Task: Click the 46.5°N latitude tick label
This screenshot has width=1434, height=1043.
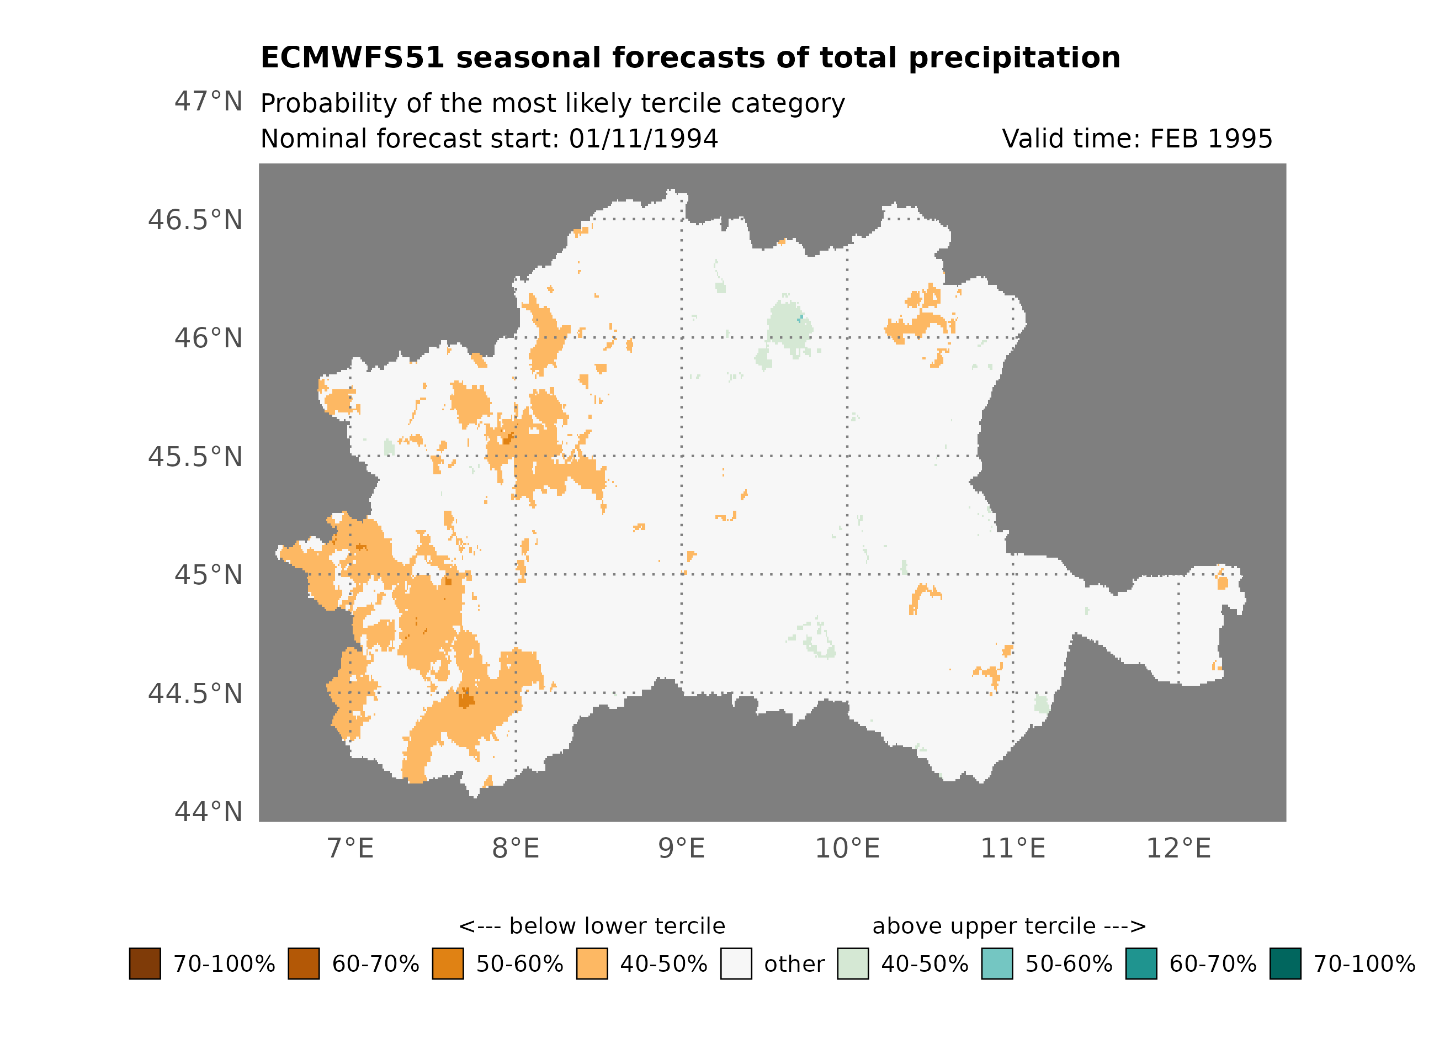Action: (195, 220)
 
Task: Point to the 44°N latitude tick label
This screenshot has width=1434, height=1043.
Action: (208, 812)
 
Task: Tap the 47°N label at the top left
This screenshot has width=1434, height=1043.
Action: (208, 101)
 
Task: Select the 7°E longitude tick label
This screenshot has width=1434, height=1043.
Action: (350, 848)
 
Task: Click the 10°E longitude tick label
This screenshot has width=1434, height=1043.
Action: (847, 848)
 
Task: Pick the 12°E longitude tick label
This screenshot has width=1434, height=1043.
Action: (1178, 848)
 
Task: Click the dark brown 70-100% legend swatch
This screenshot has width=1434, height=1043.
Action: (145, 963)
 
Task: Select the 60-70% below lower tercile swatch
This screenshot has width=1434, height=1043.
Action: (304, 963)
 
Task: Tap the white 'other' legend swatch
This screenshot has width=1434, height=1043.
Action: (736, 963)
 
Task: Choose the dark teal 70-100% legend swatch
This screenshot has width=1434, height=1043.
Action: (1286, 963)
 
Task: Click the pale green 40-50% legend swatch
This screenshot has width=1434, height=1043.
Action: (852, 963)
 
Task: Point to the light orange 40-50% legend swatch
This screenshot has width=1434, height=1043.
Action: (592, 963)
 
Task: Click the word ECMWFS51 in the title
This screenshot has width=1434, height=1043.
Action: (352, 58)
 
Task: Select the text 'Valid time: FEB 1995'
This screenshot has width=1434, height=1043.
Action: (1137, 139)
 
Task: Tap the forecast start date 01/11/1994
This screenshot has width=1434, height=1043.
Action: (643, 139)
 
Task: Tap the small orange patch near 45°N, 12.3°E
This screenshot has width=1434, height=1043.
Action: (1222, 581)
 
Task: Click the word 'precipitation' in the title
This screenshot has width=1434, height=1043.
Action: (1014, 58)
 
